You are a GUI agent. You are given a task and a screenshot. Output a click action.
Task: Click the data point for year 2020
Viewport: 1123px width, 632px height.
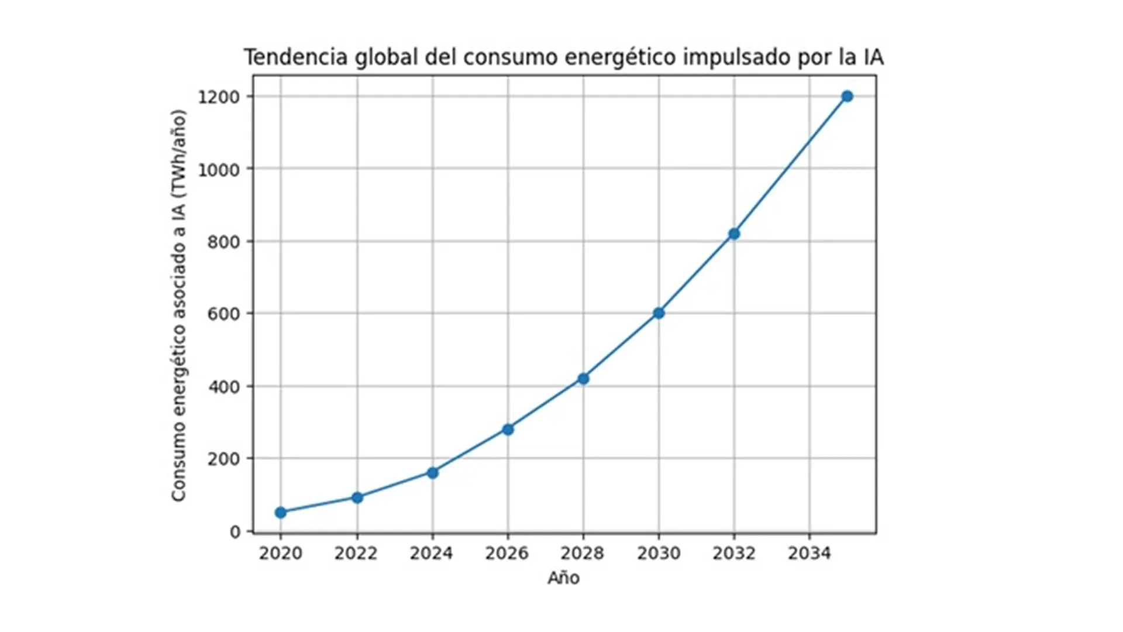[x=281, y=513]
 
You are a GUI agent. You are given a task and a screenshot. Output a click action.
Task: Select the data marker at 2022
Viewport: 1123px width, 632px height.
[x=357, y=497]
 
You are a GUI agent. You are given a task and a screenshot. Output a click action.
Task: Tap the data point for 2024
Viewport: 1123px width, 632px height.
[x=432, y=473]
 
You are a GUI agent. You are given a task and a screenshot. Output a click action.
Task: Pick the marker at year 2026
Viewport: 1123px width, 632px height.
[x=508, y=430]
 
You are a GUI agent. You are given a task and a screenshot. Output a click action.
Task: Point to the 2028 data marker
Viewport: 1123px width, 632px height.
[x=583, y=379]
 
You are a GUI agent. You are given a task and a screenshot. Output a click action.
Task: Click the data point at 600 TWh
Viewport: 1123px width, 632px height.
[x=659, y=313]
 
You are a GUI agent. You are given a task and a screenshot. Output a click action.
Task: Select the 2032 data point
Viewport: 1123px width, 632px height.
[x=734, y=233]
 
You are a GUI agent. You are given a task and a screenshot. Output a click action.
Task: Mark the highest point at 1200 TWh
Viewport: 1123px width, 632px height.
[x=847, y=96]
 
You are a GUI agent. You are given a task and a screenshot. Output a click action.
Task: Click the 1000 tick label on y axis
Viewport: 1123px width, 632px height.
[x=219, y=170]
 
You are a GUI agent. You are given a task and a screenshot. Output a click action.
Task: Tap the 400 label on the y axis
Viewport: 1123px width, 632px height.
[x=223, y=387]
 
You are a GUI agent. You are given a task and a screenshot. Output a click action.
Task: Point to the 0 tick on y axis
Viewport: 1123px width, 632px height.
[x=235, y=532]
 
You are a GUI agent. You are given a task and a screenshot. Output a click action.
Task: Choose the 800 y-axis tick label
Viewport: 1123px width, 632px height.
[x=223, y=242]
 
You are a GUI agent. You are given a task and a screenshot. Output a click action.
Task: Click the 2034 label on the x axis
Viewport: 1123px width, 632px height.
[x=809, y=553]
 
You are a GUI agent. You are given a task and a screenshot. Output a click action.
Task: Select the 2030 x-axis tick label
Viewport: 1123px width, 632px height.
[x=659, y=553]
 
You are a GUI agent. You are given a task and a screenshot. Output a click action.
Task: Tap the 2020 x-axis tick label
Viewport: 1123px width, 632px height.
[x=281, y=553]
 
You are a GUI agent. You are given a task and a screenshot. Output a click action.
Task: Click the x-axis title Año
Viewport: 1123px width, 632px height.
[x=563, y=578]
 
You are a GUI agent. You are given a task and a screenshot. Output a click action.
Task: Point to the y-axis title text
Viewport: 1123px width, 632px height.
[x=178, y=305]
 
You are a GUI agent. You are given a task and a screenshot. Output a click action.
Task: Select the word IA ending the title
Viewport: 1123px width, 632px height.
[x=873, y=57]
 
